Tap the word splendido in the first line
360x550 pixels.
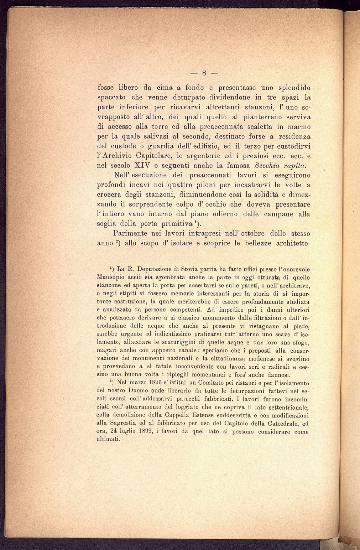tap(290, 88)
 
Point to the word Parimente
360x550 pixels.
tap(133, 234)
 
